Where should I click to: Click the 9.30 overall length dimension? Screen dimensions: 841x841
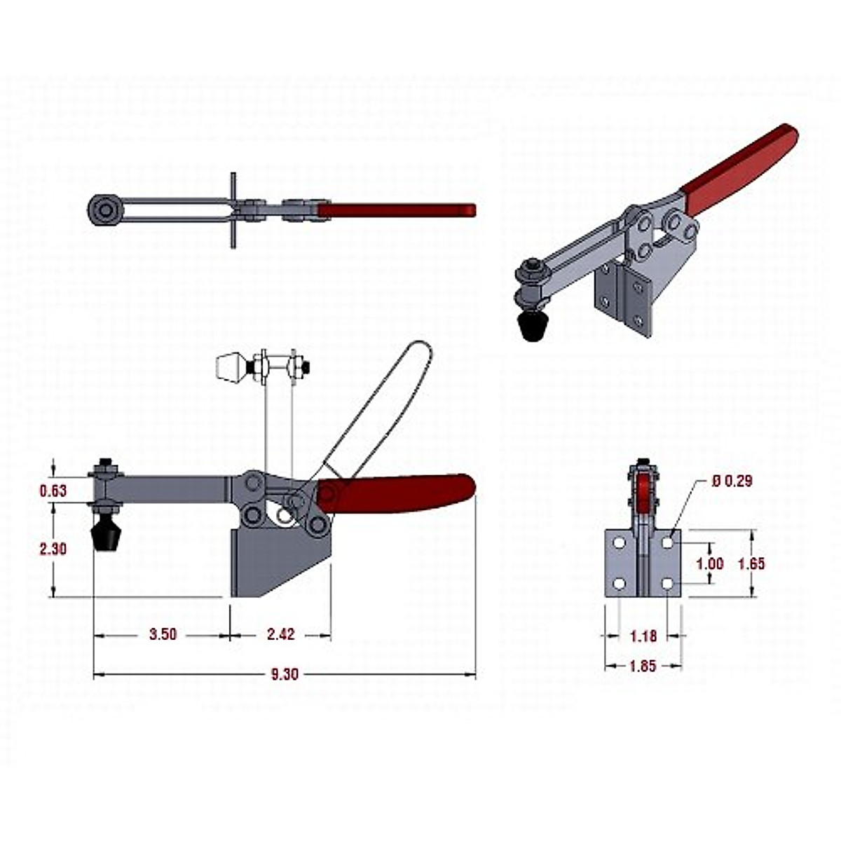point(285,674)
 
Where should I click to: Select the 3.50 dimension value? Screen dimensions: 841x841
point(163,635)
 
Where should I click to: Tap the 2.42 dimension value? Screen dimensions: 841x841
point(280,635)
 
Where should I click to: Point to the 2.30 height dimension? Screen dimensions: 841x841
point(53,549)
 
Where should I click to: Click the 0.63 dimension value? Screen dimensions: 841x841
point(53,491)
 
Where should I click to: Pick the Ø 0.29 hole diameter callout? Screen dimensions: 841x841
point(732,481)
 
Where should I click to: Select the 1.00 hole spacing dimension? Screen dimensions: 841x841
point(710,563)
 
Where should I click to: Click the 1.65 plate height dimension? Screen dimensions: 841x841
point(752,563)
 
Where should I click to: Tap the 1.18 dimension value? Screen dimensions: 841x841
point(643,636)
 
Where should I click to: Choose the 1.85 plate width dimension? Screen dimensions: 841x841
point(643,666)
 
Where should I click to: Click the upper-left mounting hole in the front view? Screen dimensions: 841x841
point(619,543)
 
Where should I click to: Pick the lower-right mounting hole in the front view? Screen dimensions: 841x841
point(667,583)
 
